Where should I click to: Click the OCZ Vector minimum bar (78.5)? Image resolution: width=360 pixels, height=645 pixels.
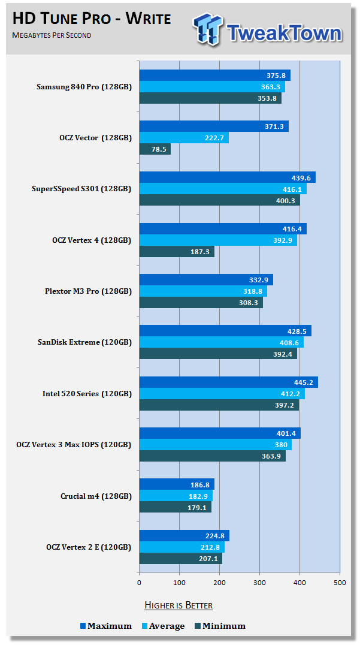tap(155, 149)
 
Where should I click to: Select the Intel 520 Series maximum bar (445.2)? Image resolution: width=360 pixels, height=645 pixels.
tap(228, 382)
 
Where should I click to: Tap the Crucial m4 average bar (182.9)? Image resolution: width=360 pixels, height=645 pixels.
tap(176, 496)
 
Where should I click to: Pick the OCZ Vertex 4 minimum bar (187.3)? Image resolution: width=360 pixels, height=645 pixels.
tap(177, 252)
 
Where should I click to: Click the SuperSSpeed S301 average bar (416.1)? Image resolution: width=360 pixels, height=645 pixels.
tap(223, 189)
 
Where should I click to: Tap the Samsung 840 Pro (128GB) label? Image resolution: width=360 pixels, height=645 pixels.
tap(84, 87)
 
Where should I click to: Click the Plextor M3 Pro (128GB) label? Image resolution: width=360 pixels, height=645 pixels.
tap(87, 291)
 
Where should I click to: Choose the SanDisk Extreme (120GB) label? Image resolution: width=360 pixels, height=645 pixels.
tap(84, 342)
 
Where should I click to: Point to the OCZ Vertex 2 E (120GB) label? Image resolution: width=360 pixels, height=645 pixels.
tap(88, 547)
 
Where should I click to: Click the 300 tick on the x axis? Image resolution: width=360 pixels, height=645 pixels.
tap(260, 582)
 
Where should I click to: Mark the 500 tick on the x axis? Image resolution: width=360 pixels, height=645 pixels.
tap(340, 582)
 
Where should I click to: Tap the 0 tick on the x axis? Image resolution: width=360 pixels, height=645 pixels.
tap(140, 582)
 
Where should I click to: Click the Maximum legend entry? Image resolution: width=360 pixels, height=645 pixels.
tap(106, 626)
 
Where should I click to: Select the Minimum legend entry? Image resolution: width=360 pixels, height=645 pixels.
tap(220, 626)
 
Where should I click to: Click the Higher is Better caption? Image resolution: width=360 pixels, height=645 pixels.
tap(179, 605)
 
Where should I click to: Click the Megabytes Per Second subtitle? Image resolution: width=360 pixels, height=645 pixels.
tap(52, 35)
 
